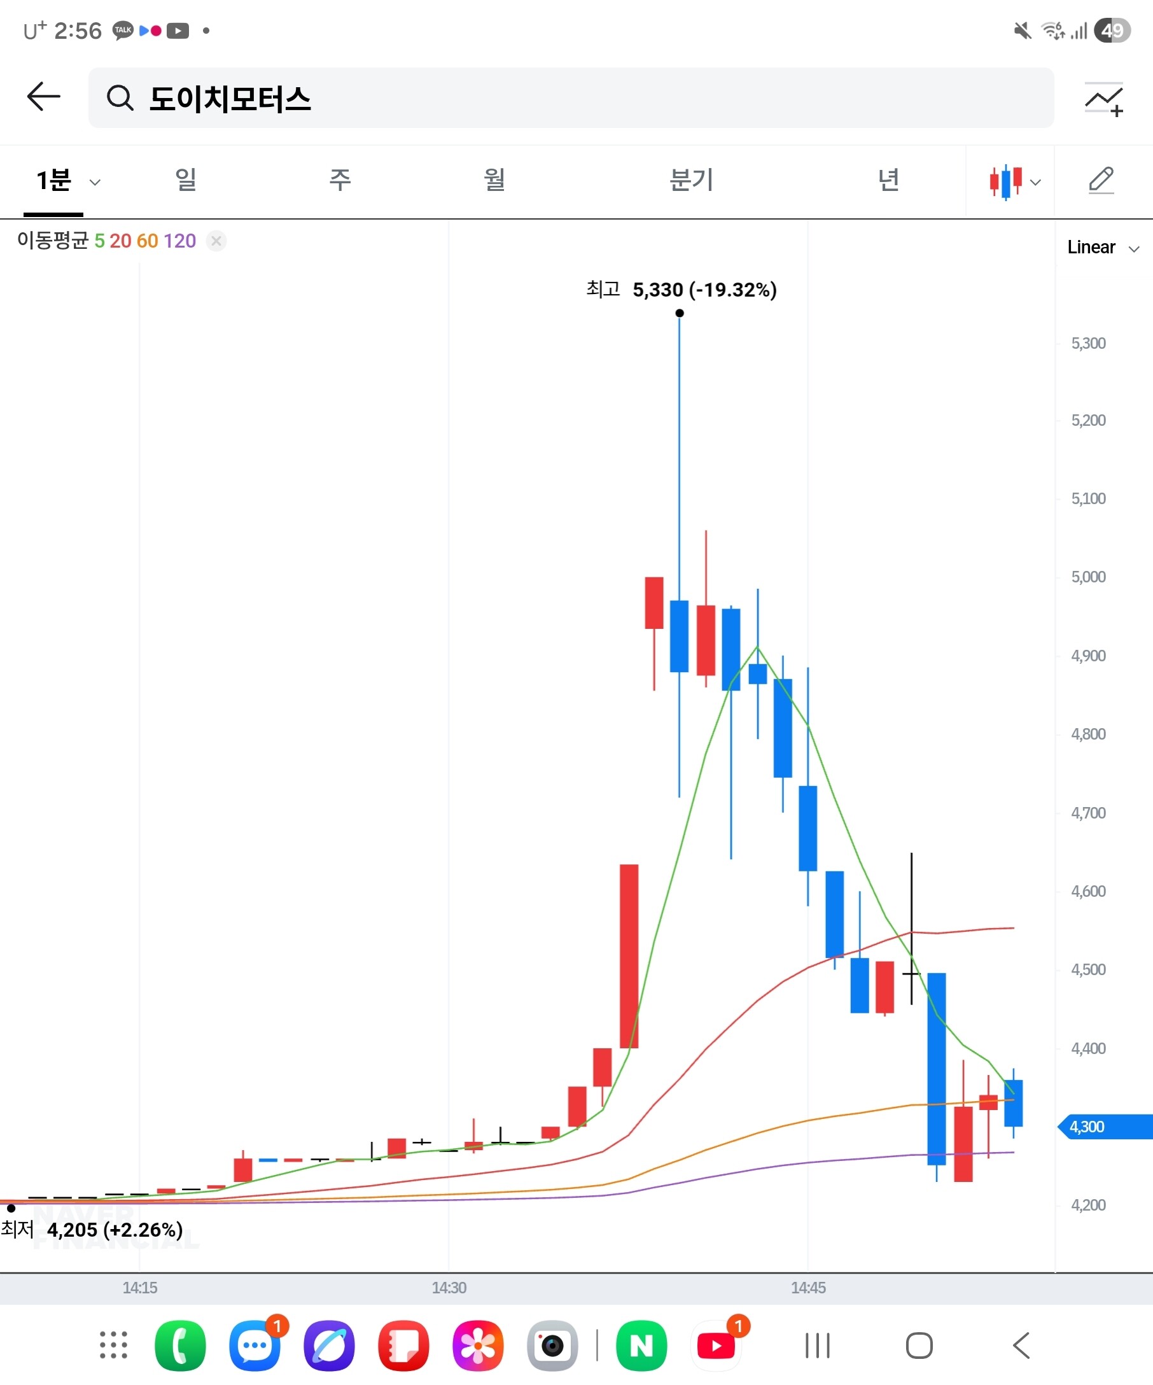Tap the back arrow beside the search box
43,97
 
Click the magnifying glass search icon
120,98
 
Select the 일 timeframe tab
186,180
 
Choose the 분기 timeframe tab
691,180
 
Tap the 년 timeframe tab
889,180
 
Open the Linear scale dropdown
1103,248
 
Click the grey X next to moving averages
216,241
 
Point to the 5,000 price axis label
1088,577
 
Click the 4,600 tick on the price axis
1088,892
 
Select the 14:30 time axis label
449,1288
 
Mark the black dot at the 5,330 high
680,313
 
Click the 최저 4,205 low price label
92,1230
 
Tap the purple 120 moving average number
179,241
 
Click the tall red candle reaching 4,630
629,956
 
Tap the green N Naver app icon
641,1346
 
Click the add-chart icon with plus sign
1104,99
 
